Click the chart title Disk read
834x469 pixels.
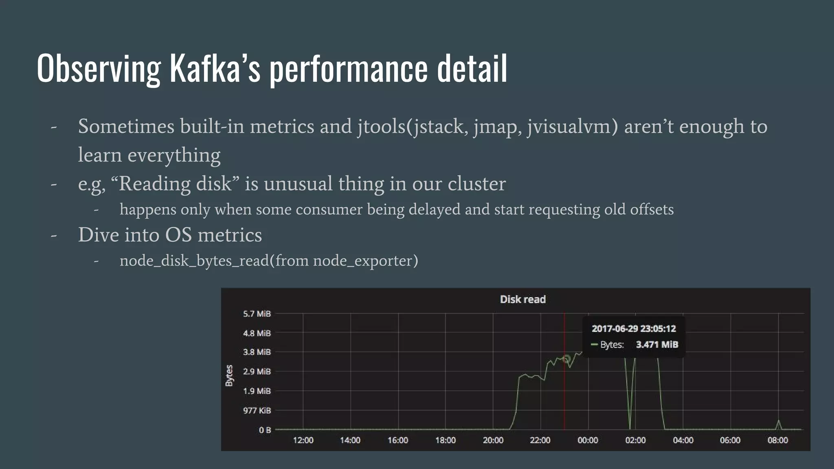pyautogui.click(x=522, y=299)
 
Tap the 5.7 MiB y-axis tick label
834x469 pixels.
pyautogui.click(x=257, y=313)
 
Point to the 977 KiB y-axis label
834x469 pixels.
pyautogui.click(x=257, y=410)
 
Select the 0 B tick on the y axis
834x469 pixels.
pyautogui.click(x=265, y=430)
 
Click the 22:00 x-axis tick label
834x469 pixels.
pyautogui.click(x=540, y=440)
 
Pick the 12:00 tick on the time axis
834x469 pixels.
pyautogui.click(x=303, y=440)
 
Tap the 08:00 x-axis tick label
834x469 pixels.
pyautogui.click(x=777, y=440)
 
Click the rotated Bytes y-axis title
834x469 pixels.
pyautogui.click(x=229, y=375)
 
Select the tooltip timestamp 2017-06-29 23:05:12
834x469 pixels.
pyautogui.click(x=633, y=329)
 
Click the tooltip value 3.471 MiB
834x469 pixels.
pyautogui.click(x=657, y=344)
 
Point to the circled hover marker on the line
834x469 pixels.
pyautogui.click(x=566, y=359)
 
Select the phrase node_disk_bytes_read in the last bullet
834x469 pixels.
pyautogui.click(x=194, y=261)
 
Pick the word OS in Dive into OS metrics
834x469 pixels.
pyautogui.click(x=178, y=235)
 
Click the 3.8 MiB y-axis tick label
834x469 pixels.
pyautogui.click(x=257, y=352)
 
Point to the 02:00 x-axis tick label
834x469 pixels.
pyautogui.click(x=635, y=440)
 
